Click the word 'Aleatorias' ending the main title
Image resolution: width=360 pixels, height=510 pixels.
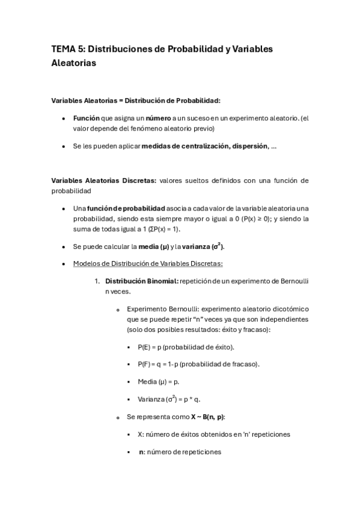pos(74,63)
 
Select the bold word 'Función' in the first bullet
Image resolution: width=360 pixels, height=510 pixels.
pos(86,118)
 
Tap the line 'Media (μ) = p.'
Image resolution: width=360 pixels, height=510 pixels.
pos(159,382)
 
